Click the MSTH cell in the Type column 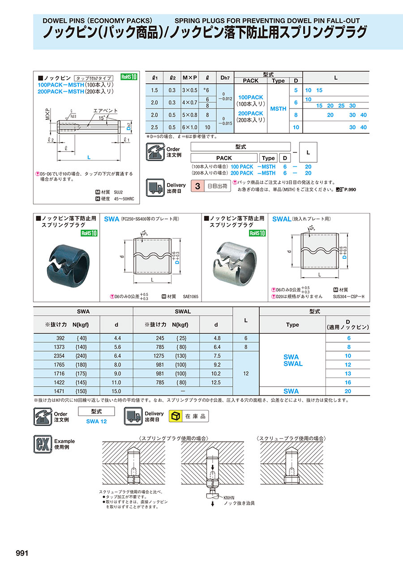[278, 109]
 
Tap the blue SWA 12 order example [96, 421]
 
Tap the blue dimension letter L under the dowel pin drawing [89, 157]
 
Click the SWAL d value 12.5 [216, 383]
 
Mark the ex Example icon [43, 444]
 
